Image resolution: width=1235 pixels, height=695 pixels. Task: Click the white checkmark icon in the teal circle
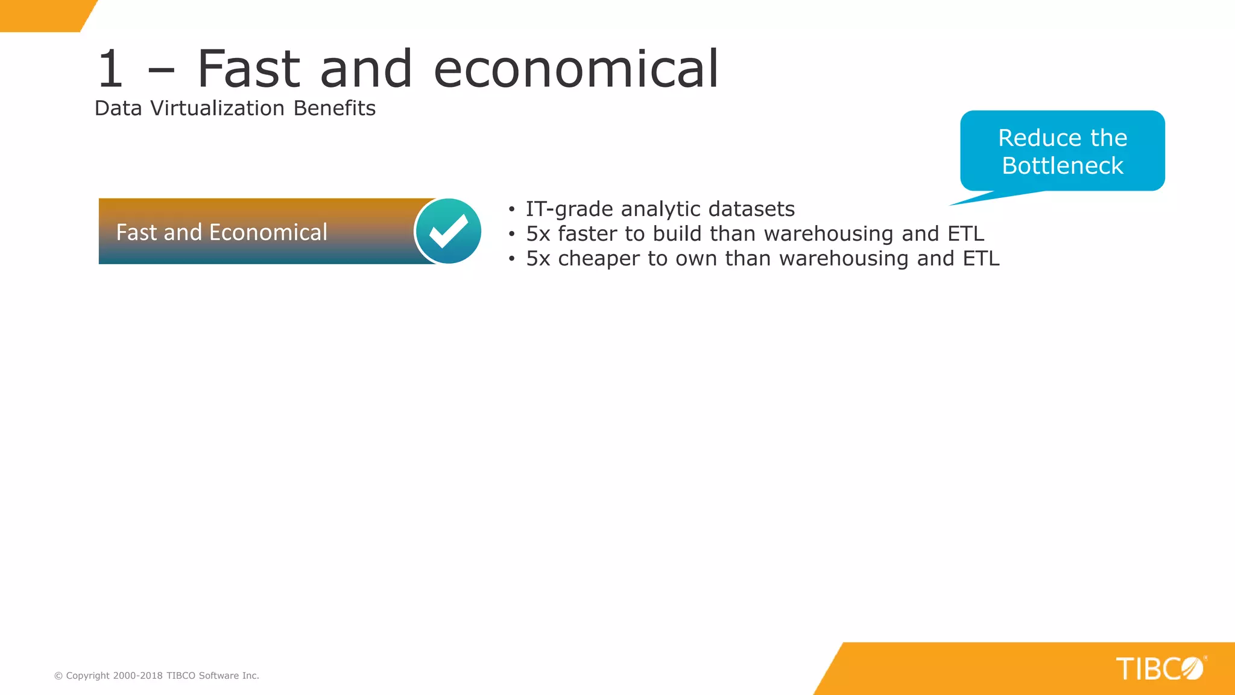tap(449, 231)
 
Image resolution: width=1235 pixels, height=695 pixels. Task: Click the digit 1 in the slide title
tap(110, 69)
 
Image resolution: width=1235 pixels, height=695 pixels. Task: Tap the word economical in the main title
tap(576, 69)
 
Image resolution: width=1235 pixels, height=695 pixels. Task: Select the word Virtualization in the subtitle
tap(217, 109)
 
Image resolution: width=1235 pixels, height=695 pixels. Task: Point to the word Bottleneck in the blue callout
tap(1063, 166)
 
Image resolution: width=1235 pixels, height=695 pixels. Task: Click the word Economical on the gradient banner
tap(268, 232)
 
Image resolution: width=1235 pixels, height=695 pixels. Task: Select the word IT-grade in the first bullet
tap(569, 209)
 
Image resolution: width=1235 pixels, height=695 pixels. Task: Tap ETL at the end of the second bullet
tap(965, 234)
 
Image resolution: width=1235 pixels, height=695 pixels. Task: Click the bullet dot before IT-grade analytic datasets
tap(511, 210)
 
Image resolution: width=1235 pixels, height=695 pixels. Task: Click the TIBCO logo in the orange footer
tap(1160, 668)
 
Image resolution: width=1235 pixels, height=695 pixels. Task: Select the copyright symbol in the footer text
tap(58, 676)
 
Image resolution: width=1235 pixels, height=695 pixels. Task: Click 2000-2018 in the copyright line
tap(137, 676)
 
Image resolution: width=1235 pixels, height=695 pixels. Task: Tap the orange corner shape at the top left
tap(42, 15)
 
